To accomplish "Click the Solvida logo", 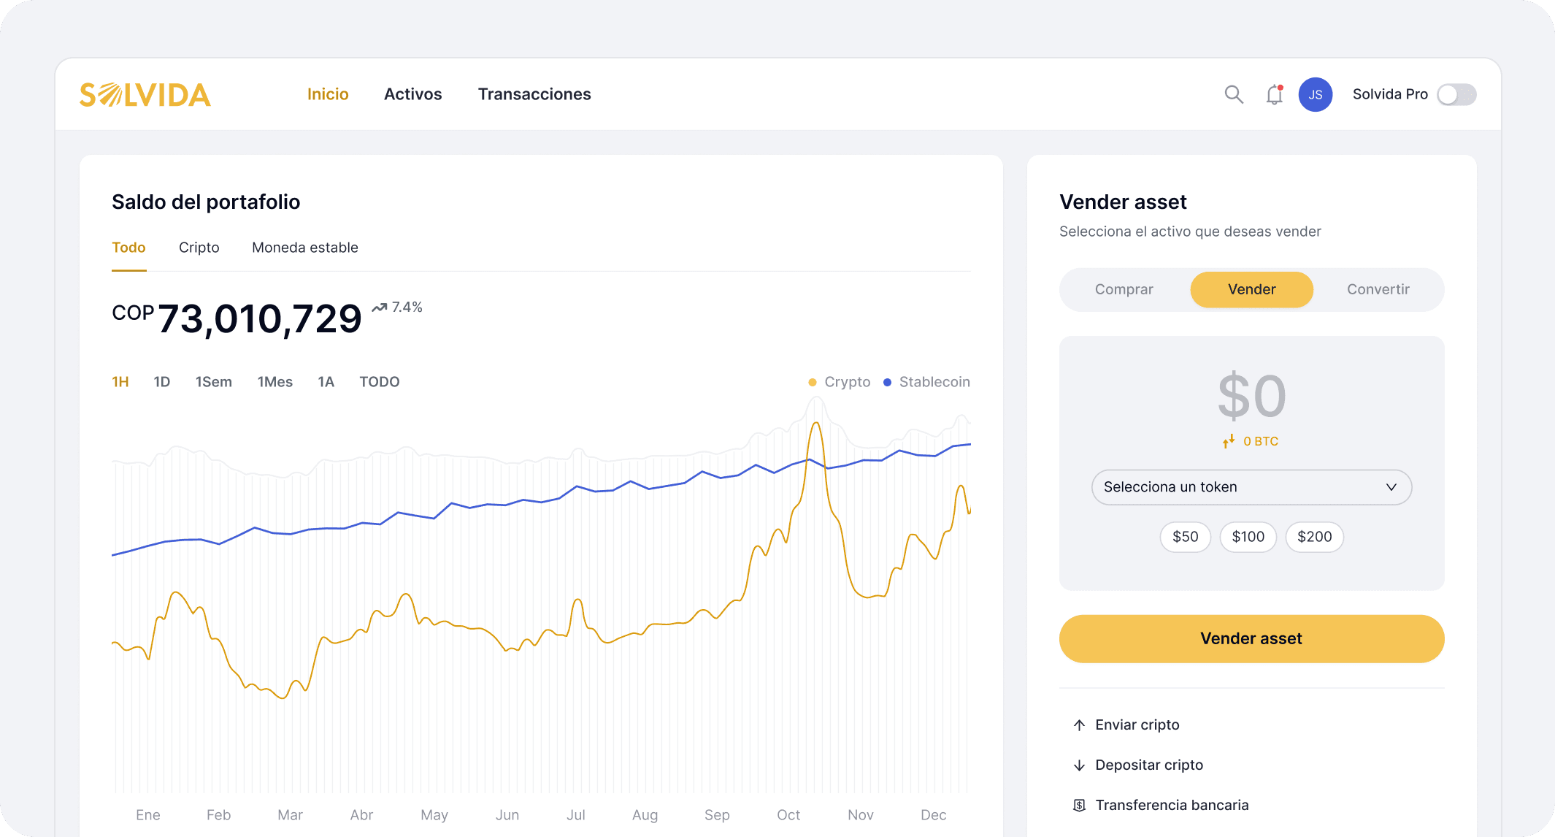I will click(x=145, y=95).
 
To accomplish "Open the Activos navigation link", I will click(x=412, y=94).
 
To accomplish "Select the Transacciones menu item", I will click(x=534, y=94).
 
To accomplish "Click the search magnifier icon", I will click(x=1233, y=94).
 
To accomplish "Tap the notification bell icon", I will click(x=1274, y=95).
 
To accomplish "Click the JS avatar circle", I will click(x=1315, y=95).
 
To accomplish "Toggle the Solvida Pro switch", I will click(x=1456, y=95).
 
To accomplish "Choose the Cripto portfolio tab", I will click(x=199, y=248).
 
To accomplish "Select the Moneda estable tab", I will click(x=304, y=248).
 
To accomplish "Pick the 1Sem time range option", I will click(x=213, y=382).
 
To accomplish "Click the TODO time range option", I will click(x=379, y=382).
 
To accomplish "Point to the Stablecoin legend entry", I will click(x=926, y=382).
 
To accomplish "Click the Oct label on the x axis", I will click(x=788, y=815).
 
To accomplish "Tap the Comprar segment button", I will click(x=1124, y=289).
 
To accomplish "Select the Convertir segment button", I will click(x=1378, y=289).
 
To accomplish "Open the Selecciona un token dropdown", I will click(x=1251, y=487).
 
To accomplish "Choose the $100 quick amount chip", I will click(x=1248, y=537).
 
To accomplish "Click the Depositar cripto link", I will click(x=1148, y=765).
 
